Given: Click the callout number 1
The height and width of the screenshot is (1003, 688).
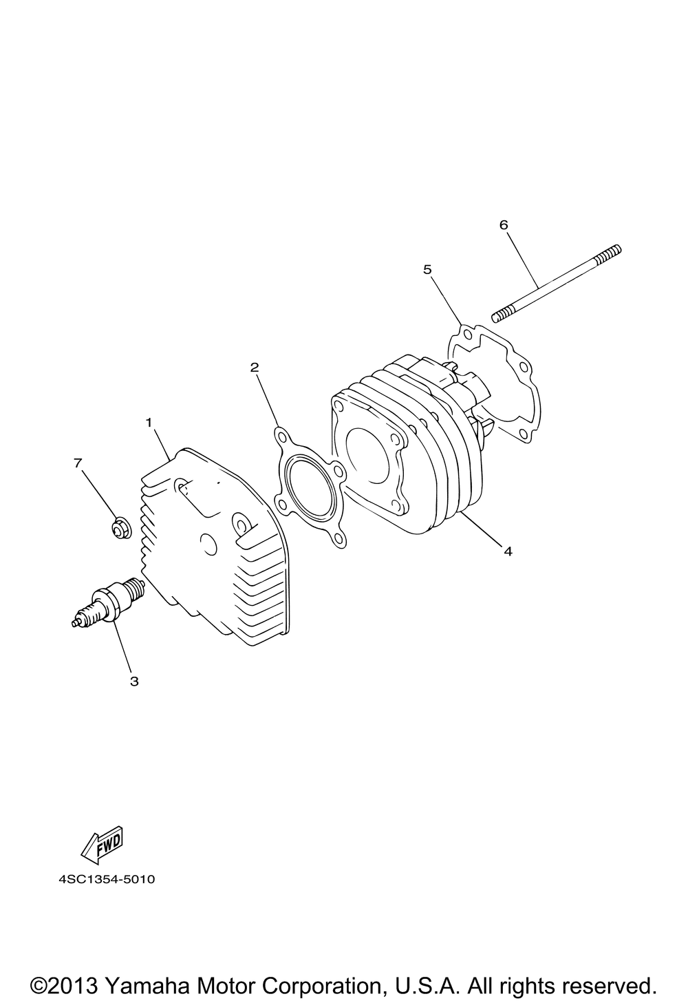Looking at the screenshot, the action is tap(149, 422).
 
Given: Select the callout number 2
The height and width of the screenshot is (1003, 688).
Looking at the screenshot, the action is tap(255, 368).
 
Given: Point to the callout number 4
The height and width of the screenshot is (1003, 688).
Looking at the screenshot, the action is tap(508, 551).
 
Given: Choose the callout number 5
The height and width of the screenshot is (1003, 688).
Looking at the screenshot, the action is tap(427, 269).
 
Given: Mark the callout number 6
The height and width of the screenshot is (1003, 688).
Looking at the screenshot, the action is tap(504, 225).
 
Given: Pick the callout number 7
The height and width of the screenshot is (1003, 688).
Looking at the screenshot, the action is tap(78, 463).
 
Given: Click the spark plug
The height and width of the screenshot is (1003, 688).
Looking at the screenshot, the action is tap(108, 602).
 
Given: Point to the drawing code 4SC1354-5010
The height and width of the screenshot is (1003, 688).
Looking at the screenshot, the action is tap(107, 879).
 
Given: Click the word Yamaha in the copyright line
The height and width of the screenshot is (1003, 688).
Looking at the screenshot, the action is tap(147, 986).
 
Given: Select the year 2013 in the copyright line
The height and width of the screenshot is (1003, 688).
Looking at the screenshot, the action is tap(74, 986).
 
